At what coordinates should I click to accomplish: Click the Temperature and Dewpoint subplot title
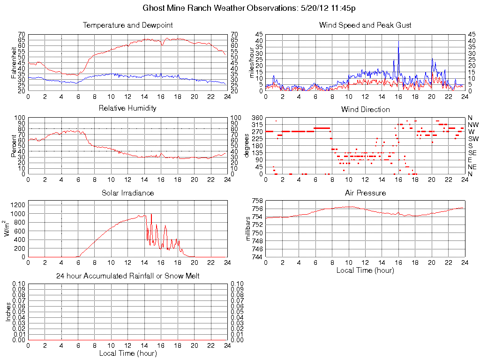coord(127,25)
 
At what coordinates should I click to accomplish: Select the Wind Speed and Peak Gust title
coord(365,25)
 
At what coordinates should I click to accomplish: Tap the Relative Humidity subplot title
coord(127,108)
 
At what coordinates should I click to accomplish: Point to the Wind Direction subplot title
coord(365,109)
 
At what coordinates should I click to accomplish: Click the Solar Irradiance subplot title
coord(127,193)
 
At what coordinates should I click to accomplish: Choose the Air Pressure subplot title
coord(365,193)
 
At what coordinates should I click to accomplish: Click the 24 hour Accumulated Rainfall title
coord(127,276)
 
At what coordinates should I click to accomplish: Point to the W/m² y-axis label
coord(8,229)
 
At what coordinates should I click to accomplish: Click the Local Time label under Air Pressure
coord(365,270)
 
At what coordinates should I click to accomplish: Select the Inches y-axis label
coord(8,312)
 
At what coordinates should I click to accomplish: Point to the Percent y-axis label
coord(14,145)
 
